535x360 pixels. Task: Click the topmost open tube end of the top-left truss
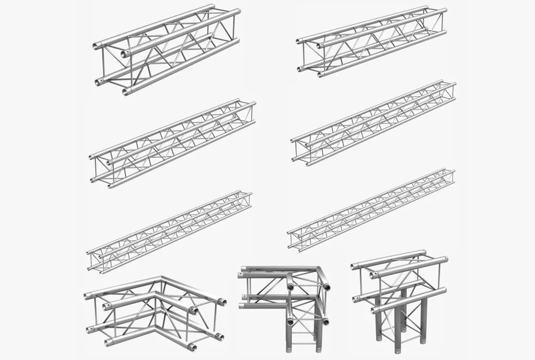(97, 46)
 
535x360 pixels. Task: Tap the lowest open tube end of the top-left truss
(126, 92)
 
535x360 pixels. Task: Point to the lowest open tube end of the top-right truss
(321, 75)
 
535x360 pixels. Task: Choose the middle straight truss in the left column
(172, 143)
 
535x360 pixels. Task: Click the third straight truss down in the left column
(170, 231)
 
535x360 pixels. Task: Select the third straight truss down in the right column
(371, 209)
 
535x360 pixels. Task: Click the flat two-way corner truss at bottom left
(154, 312)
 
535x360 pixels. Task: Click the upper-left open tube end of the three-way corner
(240, 275)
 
